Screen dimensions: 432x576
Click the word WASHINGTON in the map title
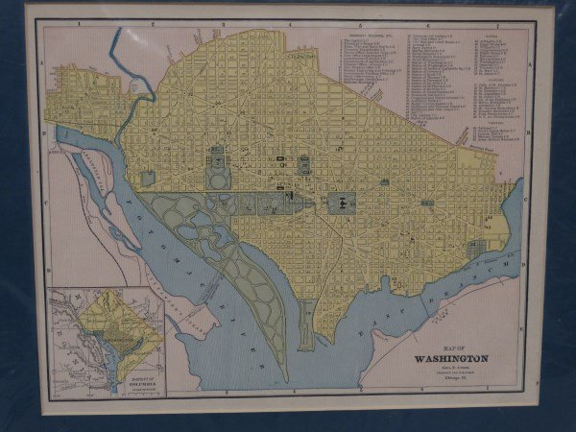pos(450,359)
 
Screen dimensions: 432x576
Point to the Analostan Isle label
pos(92,173)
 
